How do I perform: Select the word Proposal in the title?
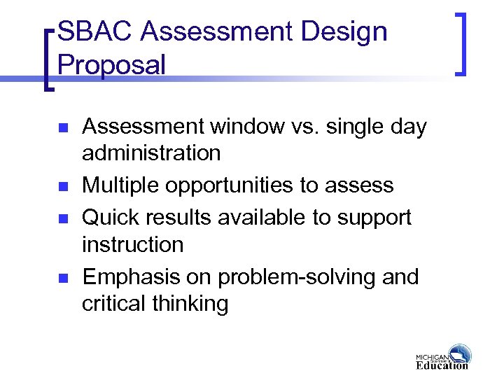(112, 65)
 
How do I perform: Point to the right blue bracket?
(461, 42)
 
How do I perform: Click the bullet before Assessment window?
(62, 128)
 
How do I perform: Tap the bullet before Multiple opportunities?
(62, 186)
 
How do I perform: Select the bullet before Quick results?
(62, 218)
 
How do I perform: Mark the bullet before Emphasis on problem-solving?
(62, 277)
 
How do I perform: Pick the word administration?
(151, 153)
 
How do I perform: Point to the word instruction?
(133, 245)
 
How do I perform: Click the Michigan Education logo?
(442, 356)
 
